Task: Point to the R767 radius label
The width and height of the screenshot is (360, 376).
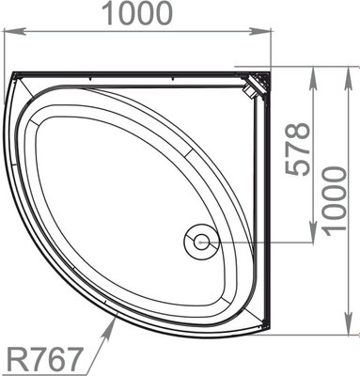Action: pos(45,358)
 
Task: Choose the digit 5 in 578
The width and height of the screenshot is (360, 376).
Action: pos(298,174)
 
